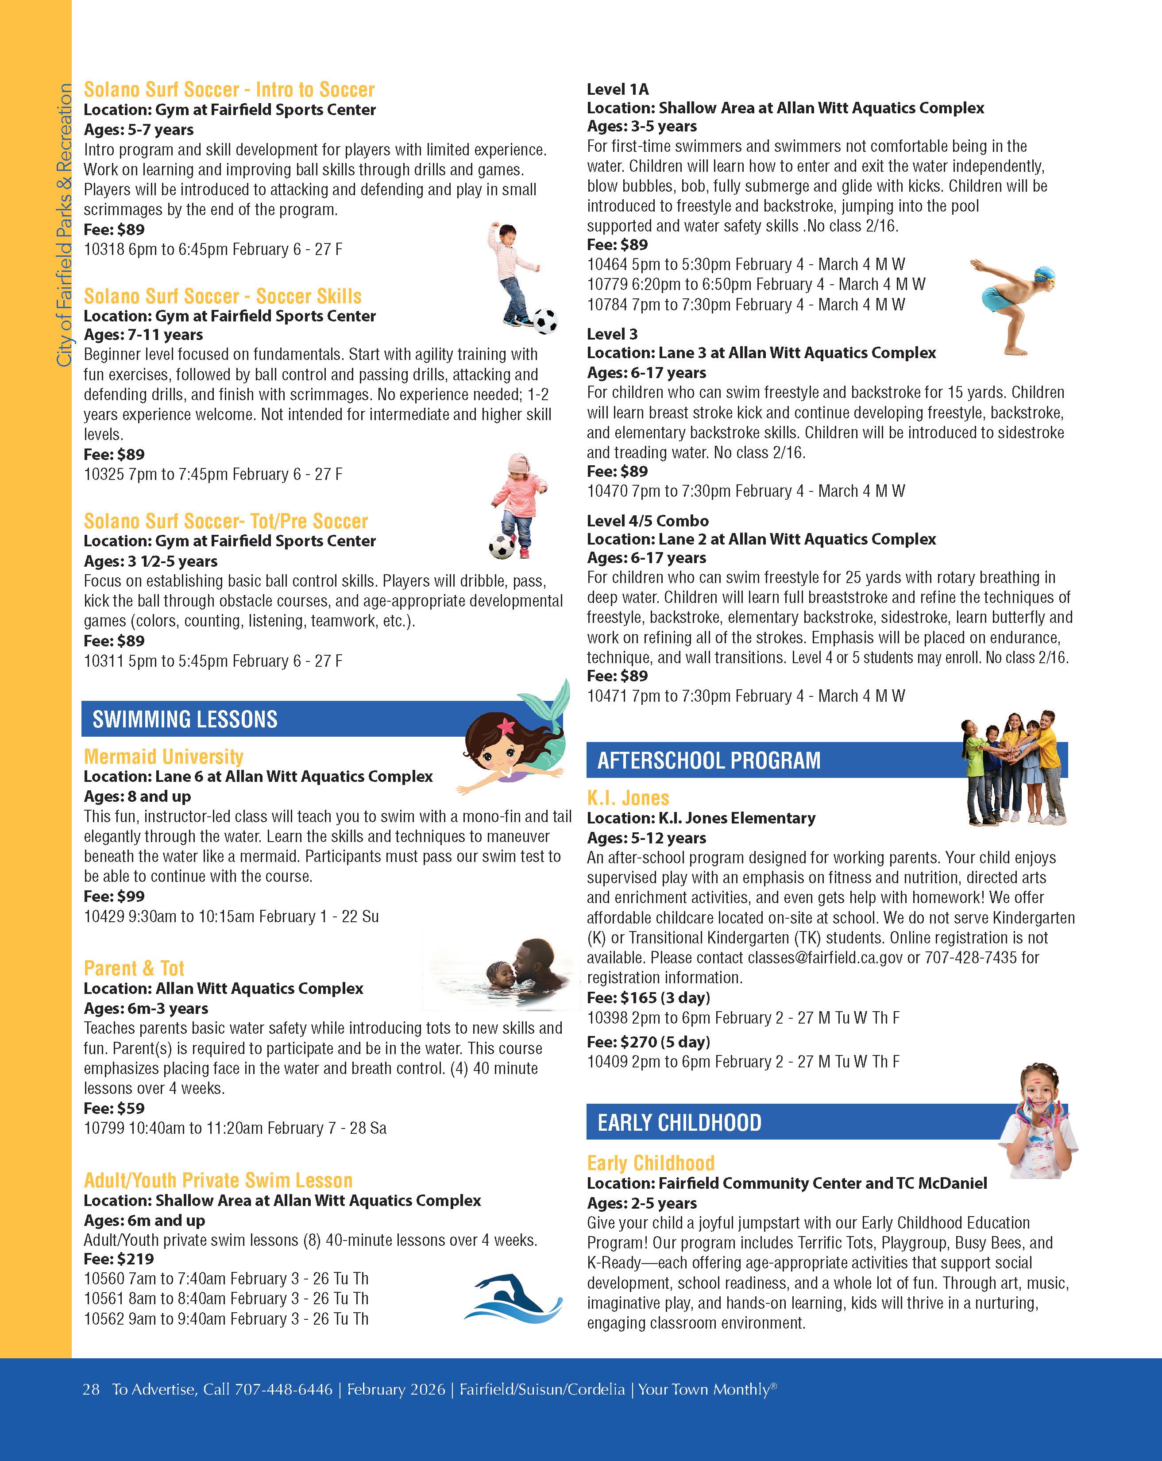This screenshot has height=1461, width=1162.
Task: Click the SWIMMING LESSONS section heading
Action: (185, 719)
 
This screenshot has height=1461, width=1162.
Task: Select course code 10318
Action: (104, 249)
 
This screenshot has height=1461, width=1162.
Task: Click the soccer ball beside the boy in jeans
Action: (545, 321)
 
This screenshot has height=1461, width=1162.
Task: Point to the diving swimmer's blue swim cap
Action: (1044, 275)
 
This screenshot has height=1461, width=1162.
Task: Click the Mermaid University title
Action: (163, 756)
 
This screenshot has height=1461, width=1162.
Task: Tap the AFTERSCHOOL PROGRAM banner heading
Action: (709, 760)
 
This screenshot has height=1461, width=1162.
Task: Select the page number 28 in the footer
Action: (91, 1389)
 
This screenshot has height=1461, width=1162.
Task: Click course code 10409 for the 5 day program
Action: (607, 1061)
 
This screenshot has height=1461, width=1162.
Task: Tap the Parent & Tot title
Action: (134, 968)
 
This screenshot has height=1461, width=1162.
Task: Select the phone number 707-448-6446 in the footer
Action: (283, 1389)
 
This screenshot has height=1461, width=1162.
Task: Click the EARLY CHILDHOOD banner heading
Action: (679, 1123)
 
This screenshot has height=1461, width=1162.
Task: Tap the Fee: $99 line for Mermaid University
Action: (114, 896)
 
